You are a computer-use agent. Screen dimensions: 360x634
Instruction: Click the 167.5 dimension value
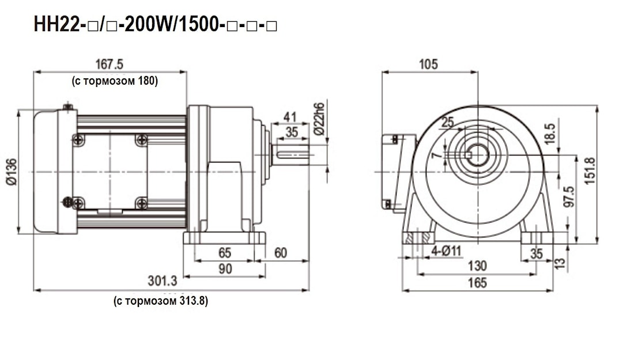pyautogui.click(x=110, y=64)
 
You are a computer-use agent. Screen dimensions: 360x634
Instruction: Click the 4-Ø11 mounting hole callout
pyautogui.click(x=446, y=251)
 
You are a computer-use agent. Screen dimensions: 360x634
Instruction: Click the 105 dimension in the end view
pyautogui.click(x=428, y=64)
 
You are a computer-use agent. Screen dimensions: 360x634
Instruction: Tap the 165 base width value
pyautogui.click(x=477, y=283)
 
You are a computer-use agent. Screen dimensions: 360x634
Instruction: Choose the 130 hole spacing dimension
pyautogui.click(x=477, y=266)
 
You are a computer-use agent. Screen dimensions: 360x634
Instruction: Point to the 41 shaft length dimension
pyautogui.click(x=290, y=118)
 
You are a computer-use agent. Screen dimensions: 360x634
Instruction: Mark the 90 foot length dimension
pyautogui.click(x=225, y=268)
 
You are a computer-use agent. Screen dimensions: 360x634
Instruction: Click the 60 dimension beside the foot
pyautogui.click(x=280, y=253)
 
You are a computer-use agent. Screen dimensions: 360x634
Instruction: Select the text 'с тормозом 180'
pyautogui.click(x=115, y=81)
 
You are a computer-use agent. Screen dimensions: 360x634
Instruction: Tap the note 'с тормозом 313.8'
pyautogui.click(x=161, y=301)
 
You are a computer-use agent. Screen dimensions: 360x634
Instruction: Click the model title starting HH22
pyautogui.click(x=156, y=24)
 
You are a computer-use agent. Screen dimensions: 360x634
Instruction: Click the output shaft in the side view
pyautogui.click(x=290, y=154)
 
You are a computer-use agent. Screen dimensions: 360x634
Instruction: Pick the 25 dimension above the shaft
pyautogui.click(x=448, y=122)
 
